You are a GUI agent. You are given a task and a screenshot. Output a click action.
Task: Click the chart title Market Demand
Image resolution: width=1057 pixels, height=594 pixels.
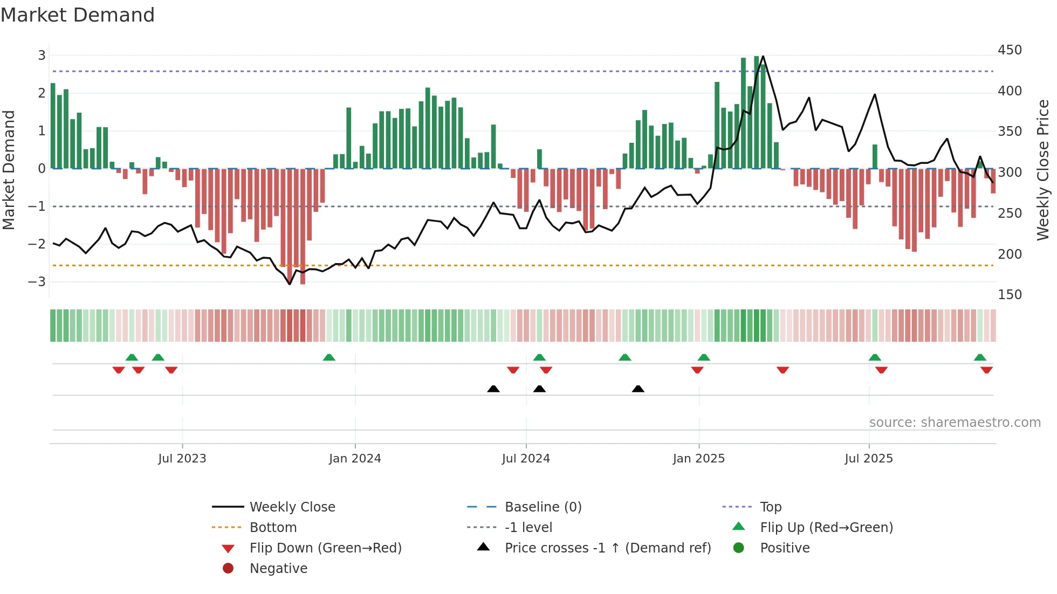click(x=78, y=15)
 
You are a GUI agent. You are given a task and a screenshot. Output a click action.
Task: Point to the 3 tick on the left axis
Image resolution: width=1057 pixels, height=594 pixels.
click(x=42, y=55)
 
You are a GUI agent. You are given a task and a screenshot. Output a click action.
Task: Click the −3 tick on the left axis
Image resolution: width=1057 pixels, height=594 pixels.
click(x=37, y=281)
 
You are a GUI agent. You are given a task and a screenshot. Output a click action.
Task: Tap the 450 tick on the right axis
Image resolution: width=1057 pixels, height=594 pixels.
click(x=1010, y=50)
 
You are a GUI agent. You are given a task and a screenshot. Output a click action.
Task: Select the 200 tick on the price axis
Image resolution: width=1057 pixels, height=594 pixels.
click(x=1010, y=254)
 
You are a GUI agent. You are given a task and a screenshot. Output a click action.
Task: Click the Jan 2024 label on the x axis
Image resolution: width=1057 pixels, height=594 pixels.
click(x=355, y=459)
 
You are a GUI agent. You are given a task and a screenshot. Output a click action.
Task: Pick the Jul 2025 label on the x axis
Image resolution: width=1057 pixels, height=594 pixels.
click(x=868, y=459)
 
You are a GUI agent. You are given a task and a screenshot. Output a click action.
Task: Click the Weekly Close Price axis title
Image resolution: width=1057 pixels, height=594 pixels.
click(x=1043, y=170)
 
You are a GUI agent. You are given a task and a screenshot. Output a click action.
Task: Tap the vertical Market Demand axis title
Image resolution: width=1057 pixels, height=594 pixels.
click(x=9, y=170)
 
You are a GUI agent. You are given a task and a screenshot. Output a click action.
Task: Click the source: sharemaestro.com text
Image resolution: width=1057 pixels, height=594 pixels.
click(x=955, y=423)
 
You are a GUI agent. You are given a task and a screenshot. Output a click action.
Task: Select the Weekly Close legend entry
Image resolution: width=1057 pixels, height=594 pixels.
click(x=292, y=507)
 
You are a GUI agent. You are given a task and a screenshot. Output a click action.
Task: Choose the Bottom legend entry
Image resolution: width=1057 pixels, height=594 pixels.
click(x=273, y=528)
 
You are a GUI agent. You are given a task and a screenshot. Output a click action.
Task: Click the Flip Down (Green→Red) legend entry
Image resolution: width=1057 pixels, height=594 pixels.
click(x=325, y=548)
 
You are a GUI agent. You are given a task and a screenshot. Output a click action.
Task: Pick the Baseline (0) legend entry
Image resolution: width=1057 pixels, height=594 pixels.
click(x=543, y=507)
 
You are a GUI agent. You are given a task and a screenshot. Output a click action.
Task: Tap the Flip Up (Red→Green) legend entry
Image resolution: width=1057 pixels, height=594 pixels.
click(x=826, y=528)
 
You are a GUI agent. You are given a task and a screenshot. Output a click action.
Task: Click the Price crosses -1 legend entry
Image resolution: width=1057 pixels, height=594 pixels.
click(x=607, y=548)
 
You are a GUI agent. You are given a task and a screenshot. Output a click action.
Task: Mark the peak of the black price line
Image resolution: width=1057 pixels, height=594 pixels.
click(x=763, y=56)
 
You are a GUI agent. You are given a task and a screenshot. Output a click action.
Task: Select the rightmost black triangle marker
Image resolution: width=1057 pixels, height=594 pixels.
click(x=638, y=389)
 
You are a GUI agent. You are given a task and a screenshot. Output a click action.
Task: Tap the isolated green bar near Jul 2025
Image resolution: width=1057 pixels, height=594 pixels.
click(x=875, y=156)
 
